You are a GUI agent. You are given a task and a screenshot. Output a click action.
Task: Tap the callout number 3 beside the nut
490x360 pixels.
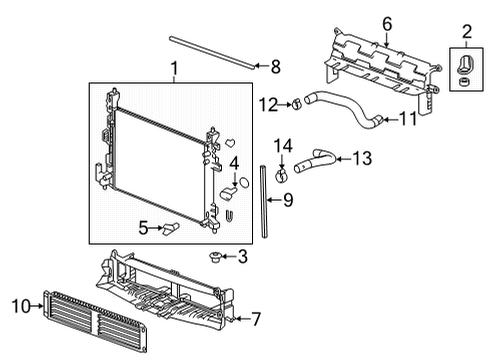pyautogui.click(x=243, y=258)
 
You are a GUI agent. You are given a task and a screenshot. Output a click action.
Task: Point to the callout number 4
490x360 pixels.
pyautogui.click(x=233, y=161)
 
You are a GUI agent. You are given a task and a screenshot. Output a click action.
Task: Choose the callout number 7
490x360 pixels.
pyautogui.click(x=256, y=320)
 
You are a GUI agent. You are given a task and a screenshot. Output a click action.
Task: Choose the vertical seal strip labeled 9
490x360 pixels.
pyautogui.click(x=265, y=203)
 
